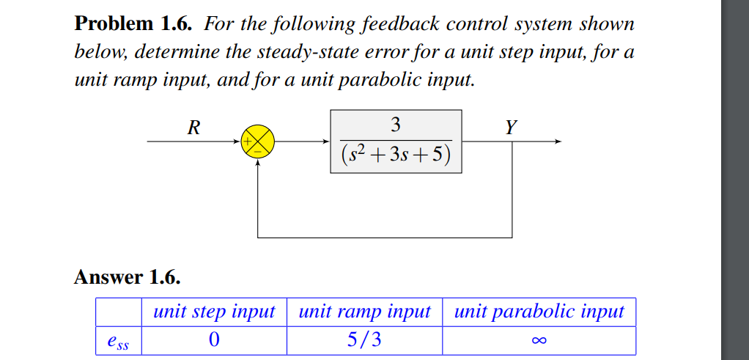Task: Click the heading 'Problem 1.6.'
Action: (135, 24)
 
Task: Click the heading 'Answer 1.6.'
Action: (127, 277)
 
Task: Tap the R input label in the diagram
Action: (193, 128)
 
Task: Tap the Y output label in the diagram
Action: (511, 128)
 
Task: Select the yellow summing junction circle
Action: (258, 142)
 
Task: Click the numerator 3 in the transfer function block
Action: (396, 125)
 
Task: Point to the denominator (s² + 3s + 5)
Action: (396, 155)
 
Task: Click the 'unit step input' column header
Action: (213, 312)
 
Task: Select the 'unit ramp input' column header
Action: (364, 312)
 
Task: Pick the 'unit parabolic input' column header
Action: (539, 312)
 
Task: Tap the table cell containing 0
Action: (213, 340)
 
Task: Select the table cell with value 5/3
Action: (364, 340)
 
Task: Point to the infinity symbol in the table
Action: (539, 340)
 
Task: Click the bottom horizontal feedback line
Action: (385, 238)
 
